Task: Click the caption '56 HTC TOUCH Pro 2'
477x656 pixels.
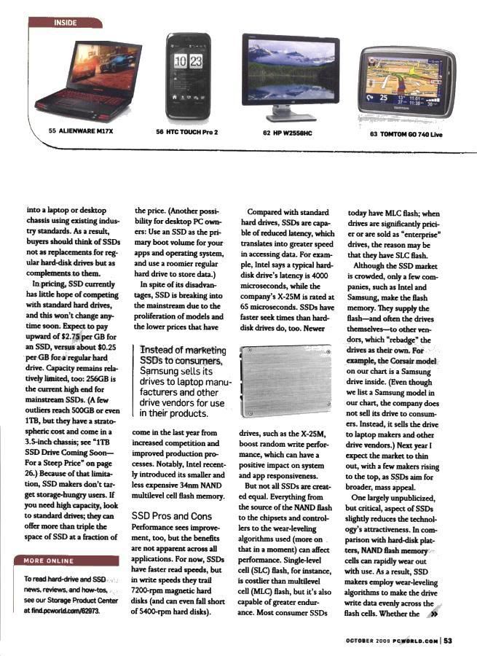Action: click(187, 132)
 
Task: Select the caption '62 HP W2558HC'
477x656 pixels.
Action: click(287, 133)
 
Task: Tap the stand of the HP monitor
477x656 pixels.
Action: click(291, 112)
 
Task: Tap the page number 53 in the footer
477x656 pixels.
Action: click(449, 641)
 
